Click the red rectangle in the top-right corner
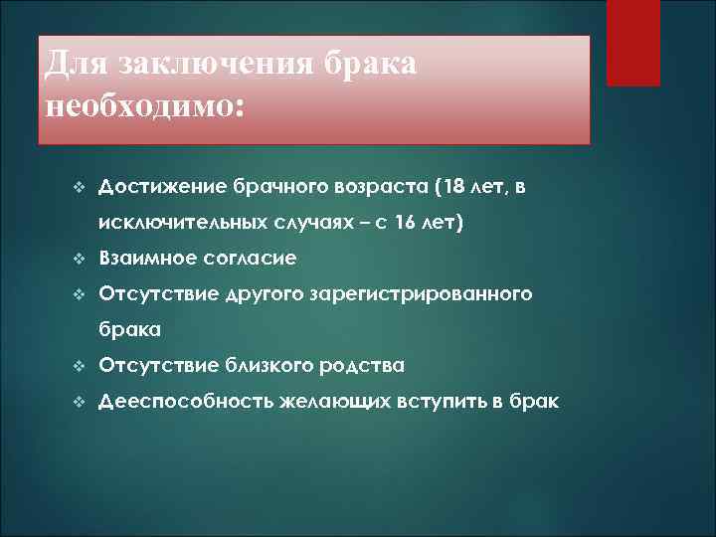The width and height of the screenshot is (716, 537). click(x=632, y=43)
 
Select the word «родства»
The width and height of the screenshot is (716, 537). click(x=362, y=366)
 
